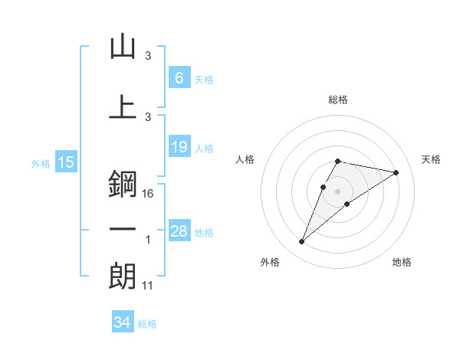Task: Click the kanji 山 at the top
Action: click(x=123, y=47)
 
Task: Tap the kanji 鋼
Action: click(x=123, y=185)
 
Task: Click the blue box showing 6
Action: click(x=179, y=78)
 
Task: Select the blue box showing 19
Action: click(x=179, y=147)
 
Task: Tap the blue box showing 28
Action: click(x=179, y=231)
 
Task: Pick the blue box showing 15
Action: click(x=65, y=162)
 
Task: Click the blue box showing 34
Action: click(x=122, y=322)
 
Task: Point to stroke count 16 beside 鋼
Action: click(x=148, y=194)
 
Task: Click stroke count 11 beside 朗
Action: click(x=148, y=286)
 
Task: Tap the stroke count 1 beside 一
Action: click(x=148, y=240)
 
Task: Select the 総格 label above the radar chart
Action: click(x=337, y=100)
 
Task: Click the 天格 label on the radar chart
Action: click(x=431, y=159)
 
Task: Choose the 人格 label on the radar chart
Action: click(x=245, y=159)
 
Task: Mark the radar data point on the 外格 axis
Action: click(x=301, y=242)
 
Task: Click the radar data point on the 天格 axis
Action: click(x=396, y=172)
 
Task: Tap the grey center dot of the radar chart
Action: click(x=337, y=191)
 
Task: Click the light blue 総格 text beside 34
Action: click(x=147, y=324)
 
